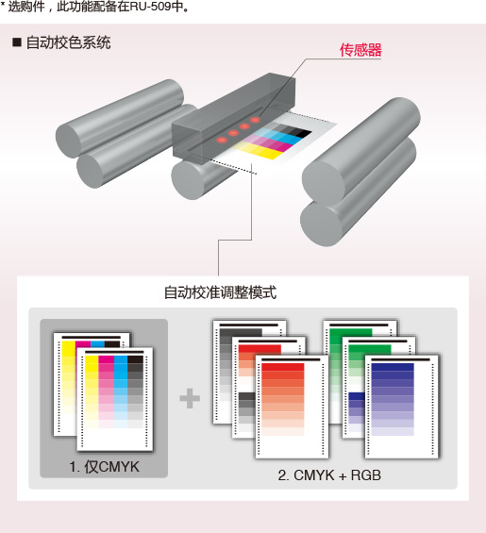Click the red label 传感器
coord(360,50)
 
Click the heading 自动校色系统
coord(68,42)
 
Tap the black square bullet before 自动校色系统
coord(17,42)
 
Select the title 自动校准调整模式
coord(220,292)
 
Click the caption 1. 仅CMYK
coord(105,467)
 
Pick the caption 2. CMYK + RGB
coord(329,475)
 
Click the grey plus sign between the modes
coord(190,398)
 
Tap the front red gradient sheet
coord(292,407)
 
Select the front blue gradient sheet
coord(402,407)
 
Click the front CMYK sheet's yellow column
coord(92,391)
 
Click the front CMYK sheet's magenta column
coord(106,391)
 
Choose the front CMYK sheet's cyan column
coord(121,391)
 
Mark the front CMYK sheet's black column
coord(135,391)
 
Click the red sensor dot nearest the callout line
coord(255,120)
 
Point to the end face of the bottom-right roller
coord(321,224)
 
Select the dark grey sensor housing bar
coord(234,116)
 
